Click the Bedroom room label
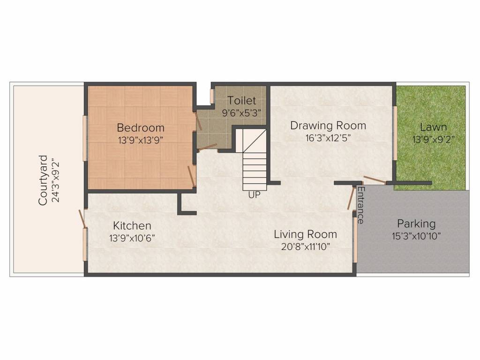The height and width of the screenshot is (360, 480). [141, 127]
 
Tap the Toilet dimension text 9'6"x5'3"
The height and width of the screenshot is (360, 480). [241, 113]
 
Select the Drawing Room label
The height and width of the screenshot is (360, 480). [328, 126]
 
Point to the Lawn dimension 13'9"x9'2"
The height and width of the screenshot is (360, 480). [433, 140]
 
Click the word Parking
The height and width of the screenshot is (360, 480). [416, 224]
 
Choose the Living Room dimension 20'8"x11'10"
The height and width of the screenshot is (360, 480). [306, 247]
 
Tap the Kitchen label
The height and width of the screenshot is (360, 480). [132, 225]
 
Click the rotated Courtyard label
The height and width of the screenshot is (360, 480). [43, 180]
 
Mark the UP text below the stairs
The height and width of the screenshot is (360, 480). [255, 195]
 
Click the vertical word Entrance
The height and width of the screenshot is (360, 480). [360, 205]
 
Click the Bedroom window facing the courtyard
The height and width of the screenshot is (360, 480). [85, 138]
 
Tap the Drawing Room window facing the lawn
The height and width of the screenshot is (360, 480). [395, 133]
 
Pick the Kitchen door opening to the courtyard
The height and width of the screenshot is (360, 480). [82, 218]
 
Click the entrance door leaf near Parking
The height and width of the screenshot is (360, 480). [351, 198]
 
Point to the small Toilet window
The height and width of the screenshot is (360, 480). [212, 96]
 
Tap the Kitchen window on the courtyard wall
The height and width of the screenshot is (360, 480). [85, 244]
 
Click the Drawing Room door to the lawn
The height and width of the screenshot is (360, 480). [375, 180]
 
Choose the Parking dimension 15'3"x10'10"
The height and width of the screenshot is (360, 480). [416, 236]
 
